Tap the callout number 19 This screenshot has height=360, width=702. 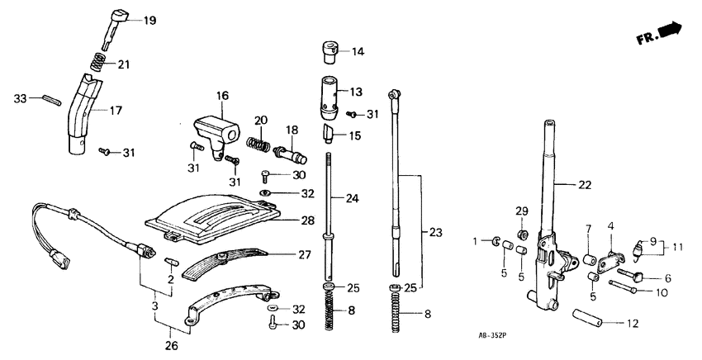[149, 20]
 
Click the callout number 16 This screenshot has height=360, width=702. [221, 96]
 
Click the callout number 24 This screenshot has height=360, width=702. [353, 198]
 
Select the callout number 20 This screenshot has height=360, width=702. [260, 121]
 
